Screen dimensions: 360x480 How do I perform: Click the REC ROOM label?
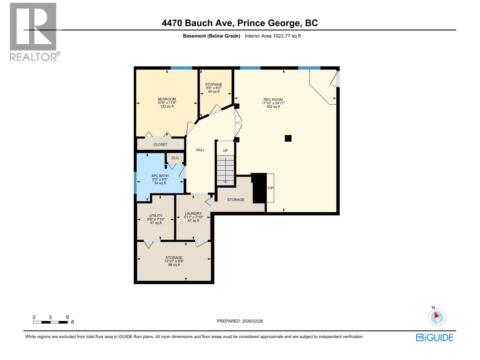pos(273,100)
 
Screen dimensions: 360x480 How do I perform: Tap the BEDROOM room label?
pos(167,99)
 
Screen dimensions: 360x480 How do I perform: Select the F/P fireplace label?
pos(270,188)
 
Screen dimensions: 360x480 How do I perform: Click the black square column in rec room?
pos(288,138)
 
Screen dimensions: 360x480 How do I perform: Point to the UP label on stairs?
pos(225,151)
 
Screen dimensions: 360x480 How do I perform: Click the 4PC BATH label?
pos(160,176)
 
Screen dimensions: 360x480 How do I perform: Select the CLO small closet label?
pos(175,158)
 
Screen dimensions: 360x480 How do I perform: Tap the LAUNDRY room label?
pos(193,214)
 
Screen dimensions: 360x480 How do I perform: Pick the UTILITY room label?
pos(156,216)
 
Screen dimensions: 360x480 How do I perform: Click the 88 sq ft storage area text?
pos(174,265)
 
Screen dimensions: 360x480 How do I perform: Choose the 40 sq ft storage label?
pos(214,91)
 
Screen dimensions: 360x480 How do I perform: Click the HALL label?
pos(200,150)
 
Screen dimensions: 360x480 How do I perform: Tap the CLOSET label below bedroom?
pos(160,144)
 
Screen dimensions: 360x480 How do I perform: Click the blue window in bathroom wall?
pos(135,183)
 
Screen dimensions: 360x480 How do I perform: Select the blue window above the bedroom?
pos(181,68)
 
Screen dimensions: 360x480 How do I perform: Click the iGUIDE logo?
pos(434,337)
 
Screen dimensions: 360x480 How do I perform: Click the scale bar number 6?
pos(67,317)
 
